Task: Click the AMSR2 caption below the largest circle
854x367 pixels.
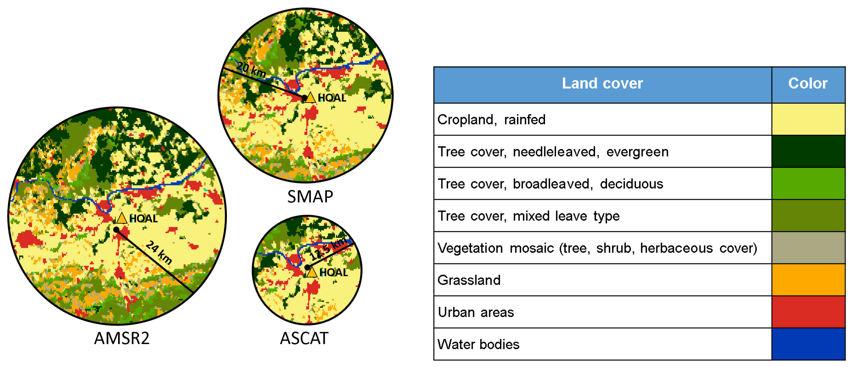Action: [122, 338]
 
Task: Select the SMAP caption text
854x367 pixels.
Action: [310, 197]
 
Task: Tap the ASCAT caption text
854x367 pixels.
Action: [304, 338]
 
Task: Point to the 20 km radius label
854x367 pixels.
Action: [251, 70]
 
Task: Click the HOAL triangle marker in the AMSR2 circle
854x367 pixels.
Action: [122, 218]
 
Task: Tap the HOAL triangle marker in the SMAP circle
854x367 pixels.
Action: [310, 98]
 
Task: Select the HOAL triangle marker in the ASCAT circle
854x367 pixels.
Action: [312, 272]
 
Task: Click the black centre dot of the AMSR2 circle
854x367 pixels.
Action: [116, 230]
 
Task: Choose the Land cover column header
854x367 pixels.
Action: [602, 84]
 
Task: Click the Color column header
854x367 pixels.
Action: [808, 84]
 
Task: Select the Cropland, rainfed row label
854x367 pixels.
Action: [491, 120]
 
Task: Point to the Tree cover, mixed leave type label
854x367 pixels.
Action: [528, 216]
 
